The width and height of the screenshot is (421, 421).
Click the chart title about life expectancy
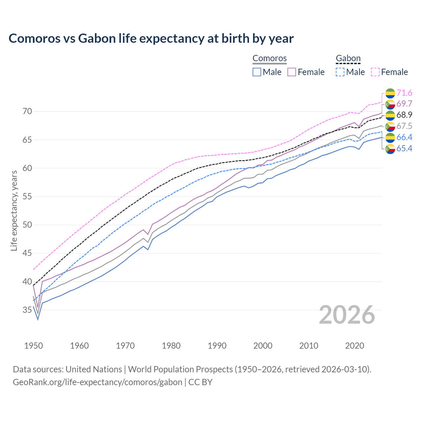click(151, 38)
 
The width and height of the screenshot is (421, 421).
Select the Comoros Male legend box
click(257, 72)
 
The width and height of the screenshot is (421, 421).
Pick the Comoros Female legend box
click(292, 72)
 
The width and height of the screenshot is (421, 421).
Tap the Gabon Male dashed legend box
click(340, 72)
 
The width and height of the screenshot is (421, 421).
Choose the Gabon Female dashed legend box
click(375, 72)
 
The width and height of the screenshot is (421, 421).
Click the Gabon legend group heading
click(348, 58)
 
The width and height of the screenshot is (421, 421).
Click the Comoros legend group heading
click(270, 58)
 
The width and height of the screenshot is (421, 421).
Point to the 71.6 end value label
click(404, 93)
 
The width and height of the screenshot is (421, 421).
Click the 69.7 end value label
click(404, 104)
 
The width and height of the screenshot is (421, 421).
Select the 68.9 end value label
click(404, 115)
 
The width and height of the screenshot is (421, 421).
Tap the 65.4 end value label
click(404, 149)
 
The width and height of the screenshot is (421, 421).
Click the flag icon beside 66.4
click(390, 137)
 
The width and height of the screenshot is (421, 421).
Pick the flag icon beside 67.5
click(390, 126)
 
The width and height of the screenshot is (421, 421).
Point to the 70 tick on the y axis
click(27, 111)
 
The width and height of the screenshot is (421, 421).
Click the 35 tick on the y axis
click(27, 310)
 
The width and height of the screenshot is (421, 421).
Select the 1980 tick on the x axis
click(171, 346)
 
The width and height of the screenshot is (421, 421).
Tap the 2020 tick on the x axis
click(355, 346)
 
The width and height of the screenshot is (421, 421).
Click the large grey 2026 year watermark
click(347, 315)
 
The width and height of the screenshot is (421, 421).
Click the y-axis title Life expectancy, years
click(14, 210)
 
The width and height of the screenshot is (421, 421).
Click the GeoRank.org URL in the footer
click(97, 382)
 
